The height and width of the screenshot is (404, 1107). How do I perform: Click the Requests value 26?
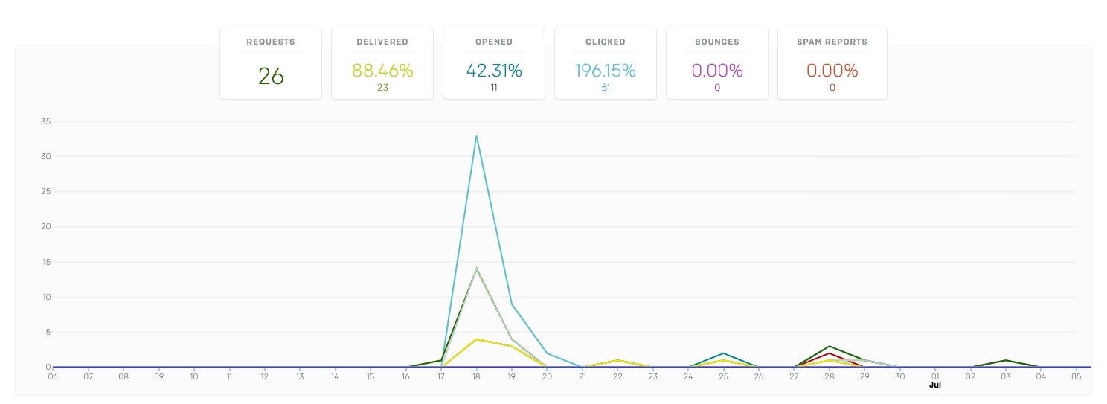(x=271, y=77)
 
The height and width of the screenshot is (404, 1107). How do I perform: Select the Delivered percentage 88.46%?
(x=382, y=71)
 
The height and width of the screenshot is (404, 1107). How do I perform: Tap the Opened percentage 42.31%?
(x=494, y=71)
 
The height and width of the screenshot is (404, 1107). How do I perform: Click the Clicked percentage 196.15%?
(x=606, y=71)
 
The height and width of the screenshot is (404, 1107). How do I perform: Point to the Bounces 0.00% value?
(x=717, y=71)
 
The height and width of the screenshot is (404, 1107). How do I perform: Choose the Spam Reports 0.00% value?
(x=832, y=71)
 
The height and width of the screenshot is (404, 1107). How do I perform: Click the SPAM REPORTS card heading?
(x=832, y=42)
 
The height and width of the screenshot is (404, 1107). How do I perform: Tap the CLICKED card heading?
(x=606, y=42)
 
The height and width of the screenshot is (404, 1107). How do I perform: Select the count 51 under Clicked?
(x=606, y=88)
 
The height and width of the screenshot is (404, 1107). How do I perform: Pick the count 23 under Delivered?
(x=382, y=88)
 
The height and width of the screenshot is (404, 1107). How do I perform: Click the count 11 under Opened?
(x=494, y=88)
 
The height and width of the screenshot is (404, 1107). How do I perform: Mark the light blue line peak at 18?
(x=476, y=135)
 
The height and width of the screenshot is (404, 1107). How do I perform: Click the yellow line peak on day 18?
(x=476, y=339)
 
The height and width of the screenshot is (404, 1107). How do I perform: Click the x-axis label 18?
(x=476, y=376)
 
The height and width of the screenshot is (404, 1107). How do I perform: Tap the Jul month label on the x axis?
(x=935, y=385)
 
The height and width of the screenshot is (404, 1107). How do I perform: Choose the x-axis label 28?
(x=830, y=376)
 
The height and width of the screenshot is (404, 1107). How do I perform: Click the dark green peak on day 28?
(x=830, y=347)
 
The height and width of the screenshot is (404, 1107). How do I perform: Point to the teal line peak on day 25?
(x=723, y=353)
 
